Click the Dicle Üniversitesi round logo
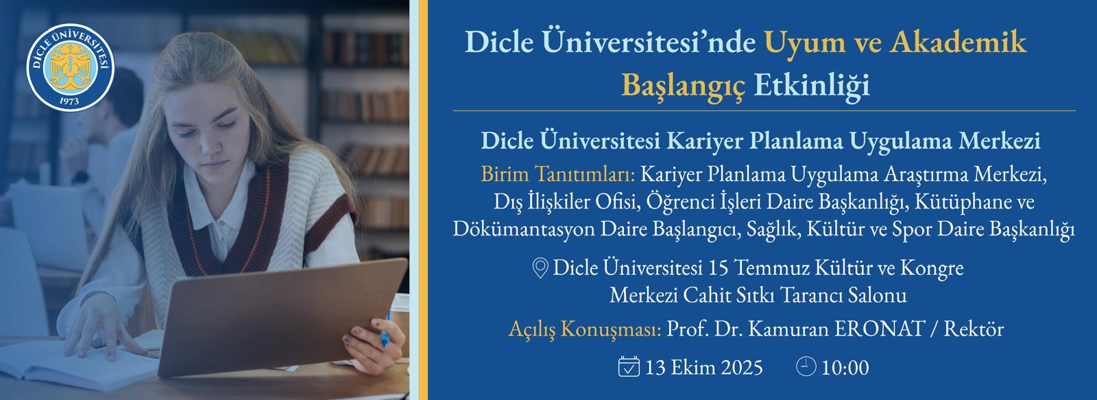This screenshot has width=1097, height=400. pyautogui.click(x=71, y=68)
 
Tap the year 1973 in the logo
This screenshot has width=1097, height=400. pyautogui.click(x=69, y=101)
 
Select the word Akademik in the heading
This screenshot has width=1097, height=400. pyautogui.click(x=958, y=41)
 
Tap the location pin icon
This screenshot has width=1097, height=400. pyautogui.click(x=540, y=268)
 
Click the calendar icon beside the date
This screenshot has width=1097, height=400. pyautogui.click(x=629, y=366)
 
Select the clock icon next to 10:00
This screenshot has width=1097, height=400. pyautogui.click(x=806, y=366)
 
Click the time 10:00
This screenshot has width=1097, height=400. pyautogui.click(x=845, y=368)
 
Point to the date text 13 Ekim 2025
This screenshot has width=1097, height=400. pyautogui.click(x=703, y=368)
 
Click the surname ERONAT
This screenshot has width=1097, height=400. pyautogui.click(x=880, y=329)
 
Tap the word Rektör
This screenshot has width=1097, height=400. pyautogui.click(x=974, y=329)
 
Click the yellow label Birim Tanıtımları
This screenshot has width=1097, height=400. pyautogui.click(x=558, y=174)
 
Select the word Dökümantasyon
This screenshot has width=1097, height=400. pyautogui.click(x=524, y=229)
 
